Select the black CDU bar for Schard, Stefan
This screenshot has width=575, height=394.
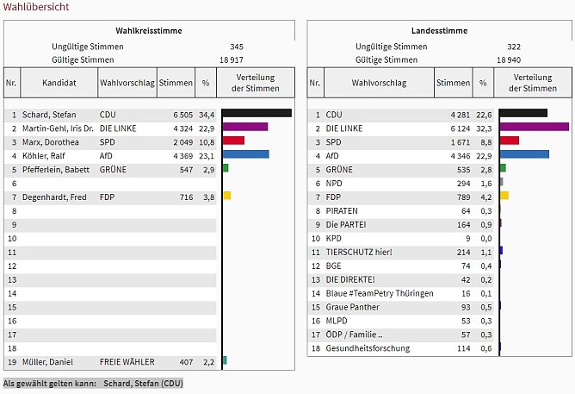point(257,113)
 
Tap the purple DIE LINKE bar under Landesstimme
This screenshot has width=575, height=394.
point(534,127)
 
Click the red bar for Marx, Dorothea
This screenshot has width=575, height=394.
point(233,141)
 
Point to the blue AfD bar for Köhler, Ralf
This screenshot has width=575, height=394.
point(246,154)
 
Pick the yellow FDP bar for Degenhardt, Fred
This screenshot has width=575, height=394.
point(226,196)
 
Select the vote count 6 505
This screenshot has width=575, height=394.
point(179,114)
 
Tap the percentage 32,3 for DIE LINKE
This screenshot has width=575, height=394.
point(484,128)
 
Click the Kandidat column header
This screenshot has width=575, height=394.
point(58,83)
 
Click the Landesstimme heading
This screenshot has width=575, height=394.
point(440,31)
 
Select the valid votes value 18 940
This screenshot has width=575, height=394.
point(509,59)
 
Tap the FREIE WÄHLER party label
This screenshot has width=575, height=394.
point(127,362)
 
